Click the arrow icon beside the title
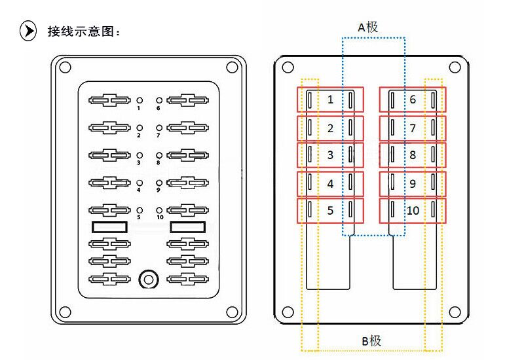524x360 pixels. coord(28,31)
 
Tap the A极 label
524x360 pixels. coord(368,27)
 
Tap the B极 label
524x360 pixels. coord(371,341)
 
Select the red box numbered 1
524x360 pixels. coord(331,99)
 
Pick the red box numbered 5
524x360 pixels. coord(331,211)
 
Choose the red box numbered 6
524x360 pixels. coord(413,99)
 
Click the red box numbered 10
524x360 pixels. coord(413,211)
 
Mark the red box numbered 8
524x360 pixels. coord(413,155)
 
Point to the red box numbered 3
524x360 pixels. coord(331,155)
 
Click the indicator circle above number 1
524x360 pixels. coord(140,100)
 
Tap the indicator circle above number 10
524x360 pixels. coord(159,210)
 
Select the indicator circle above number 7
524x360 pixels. coord(159,128)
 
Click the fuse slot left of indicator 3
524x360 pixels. coord(109,155)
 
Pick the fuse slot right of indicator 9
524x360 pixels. coord(188,183)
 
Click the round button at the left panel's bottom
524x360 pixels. coord(149,279)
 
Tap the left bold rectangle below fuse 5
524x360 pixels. coord(109,227)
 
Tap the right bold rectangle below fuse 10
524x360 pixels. coord(188,227)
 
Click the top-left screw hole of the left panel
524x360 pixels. coord(65,67)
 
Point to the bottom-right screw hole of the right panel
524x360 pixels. coord(455,312)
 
